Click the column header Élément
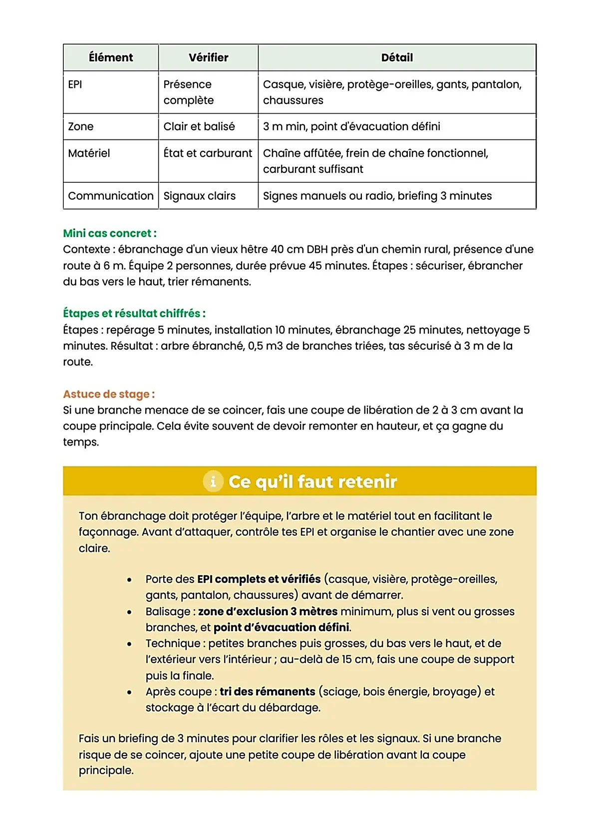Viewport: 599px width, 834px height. point(111,57)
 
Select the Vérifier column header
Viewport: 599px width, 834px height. point(208,57)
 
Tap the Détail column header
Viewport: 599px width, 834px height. point(397,57)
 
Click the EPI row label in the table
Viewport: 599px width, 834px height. point(75,84)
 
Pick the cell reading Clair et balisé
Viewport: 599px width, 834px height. point(199,126)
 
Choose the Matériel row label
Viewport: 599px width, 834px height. point(89,153)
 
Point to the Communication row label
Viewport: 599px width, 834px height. point(111,196)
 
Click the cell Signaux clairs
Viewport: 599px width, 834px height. point(199,196)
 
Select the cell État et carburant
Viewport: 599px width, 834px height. point(208,153)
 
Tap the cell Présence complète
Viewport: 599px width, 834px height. point(188,92)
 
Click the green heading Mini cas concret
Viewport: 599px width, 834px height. point(110,233)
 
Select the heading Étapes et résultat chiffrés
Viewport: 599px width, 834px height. point(134,314)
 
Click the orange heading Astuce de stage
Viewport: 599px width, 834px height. point(108,394)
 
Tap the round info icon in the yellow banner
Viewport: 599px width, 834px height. point(213,481)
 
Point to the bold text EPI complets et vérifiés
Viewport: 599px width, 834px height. point(259,579)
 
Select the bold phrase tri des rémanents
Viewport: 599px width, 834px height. point(267,692)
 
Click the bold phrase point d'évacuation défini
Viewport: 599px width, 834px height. point(282,628)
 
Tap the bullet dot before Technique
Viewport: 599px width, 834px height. point(129,644)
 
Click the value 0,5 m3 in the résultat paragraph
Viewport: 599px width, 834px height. point(265,346)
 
